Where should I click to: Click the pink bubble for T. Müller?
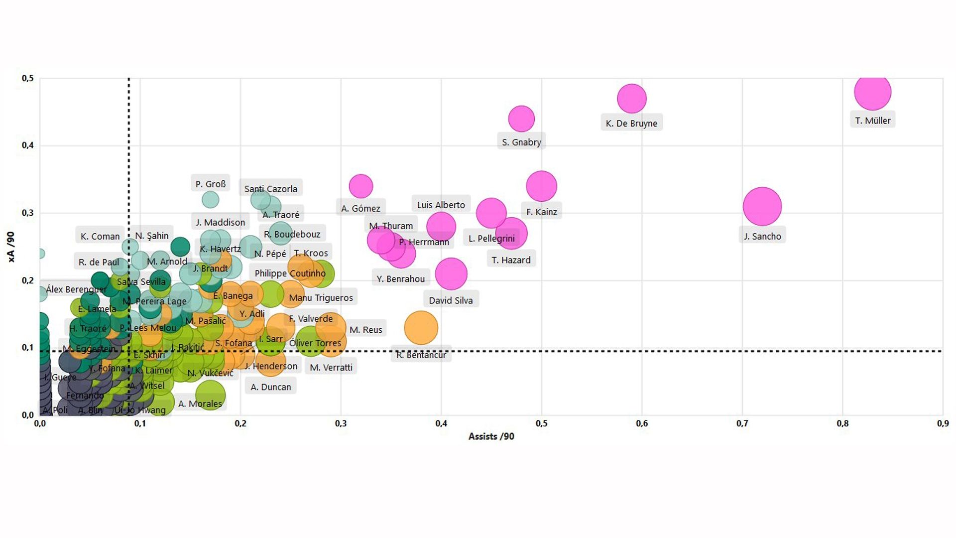[x=872, y=92]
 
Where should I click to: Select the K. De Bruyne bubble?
[x=631, y=99]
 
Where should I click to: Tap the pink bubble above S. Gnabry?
[x=521, y=119]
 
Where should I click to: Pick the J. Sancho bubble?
[x=762, y=206]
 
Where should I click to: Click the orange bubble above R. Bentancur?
[x=421, y=328]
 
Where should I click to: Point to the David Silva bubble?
[x=451, y=273]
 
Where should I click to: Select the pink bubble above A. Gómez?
[x=361, y=186]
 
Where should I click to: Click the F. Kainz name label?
[x=542, y=212]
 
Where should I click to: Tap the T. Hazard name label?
[x=511, y=260]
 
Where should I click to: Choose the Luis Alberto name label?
[x=441, y=205]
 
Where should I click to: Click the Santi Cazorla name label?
[x=270, y=189]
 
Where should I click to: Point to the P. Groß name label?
[x=211, y=184]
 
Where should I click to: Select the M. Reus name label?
[x=365, y=330]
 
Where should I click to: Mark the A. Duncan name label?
[x=270, y=387]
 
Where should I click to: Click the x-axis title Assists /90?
[x=491, y=436]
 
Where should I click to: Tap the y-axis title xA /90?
[x=11, y=247]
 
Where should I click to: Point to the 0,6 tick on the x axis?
[x=642, y=423]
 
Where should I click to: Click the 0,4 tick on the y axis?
[x=28, y=145]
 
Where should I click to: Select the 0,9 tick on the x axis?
[x=943, y=423]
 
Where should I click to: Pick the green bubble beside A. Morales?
[x=210, y=395]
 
